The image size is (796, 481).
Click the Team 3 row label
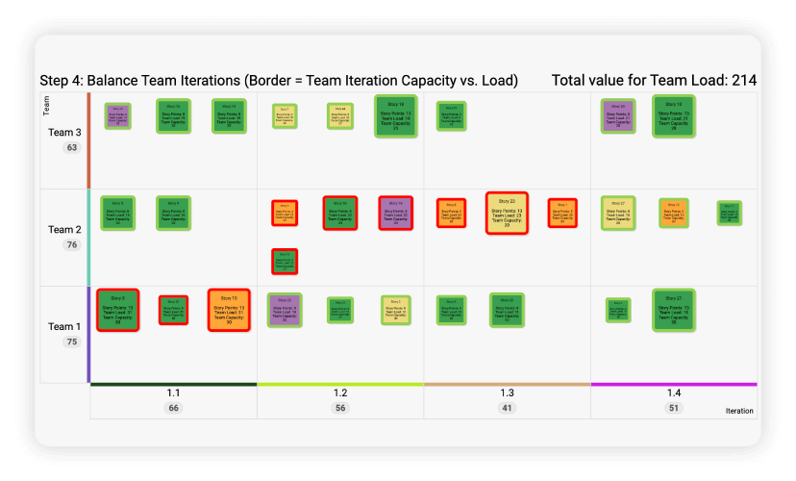(64, 133)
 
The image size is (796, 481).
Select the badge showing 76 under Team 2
(71, 244)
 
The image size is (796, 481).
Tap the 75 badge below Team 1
(71, 342)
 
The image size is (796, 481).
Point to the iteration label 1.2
(340, 393)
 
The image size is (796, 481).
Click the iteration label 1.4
(674, 393)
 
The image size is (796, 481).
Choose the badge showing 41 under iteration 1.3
(507, 408)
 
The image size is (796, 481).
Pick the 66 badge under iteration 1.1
(173, 408)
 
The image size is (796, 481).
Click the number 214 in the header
(743, 80)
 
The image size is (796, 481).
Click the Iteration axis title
(739, 411)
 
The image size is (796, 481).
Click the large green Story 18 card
(395, 115)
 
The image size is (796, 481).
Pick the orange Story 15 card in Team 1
(229, 310)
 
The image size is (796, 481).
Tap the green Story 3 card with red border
(117, 310)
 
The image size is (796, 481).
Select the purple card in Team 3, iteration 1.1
(117, 116)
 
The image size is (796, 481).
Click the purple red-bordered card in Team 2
(395, 213)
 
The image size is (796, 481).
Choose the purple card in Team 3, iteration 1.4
(618, 115)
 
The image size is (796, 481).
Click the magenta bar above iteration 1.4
(674, 384)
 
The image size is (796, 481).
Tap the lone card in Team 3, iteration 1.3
(451, 116)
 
